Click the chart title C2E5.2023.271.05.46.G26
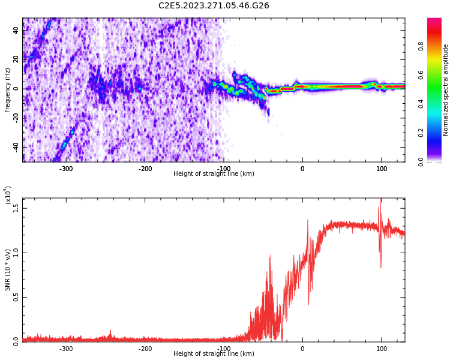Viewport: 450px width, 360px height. pos(214,6)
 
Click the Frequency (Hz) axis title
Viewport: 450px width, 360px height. pos(8,90)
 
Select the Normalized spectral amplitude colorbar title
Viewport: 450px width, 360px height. pos(446,90)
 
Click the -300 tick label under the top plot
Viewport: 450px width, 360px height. pos(66,169)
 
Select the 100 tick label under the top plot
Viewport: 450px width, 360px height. pos(382,169)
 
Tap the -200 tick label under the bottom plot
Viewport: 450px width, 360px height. pos(145,349)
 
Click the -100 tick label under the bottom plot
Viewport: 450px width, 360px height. pos(223,349)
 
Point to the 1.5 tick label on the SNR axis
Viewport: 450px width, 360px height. pos(16,208)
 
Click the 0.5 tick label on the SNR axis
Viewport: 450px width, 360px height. pos(16,296)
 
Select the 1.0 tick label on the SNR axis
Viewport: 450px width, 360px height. pos(16,252)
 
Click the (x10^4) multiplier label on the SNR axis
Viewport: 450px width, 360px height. pos(7,195)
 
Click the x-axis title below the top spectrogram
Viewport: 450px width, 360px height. pos(214,174)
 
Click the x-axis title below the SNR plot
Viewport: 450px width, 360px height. pos(214,354)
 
